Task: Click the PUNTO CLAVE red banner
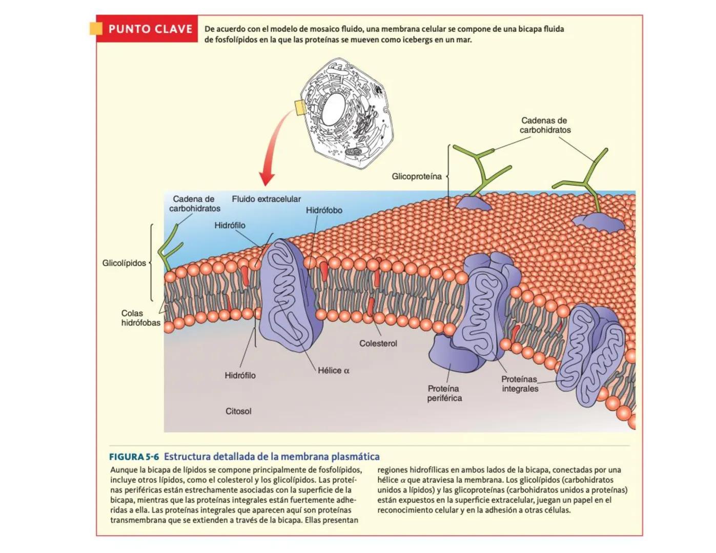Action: [x=150, y=29]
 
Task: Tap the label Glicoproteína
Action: [x=416, y=177]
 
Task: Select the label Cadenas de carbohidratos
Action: [x=544, y=125]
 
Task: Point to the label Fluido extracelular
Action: [x=266, y=199]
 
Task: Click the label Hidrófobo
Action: [x=324, y=210]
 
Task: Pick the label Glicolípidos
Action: [x=124, y=263]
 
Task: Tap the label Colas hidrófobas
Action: [x=140, y=318]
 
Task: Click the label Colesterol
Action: [x=378, y=344]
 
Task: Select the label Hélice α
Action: [x=334, y=371]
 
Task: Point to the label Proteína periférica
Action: [x=444, y=393]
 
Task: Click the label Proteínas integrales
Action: [x=520, y=384]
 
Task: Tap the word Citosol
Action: [x=238, y=411]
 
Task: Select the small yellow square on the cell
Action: [x=300, y=108]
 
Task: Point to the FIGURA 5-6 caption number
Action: [x=134, y=457]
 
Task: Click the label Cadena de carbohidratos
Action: [x=194, y=204]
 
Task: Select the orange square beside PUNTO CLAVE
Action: [x=96, y=29]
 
